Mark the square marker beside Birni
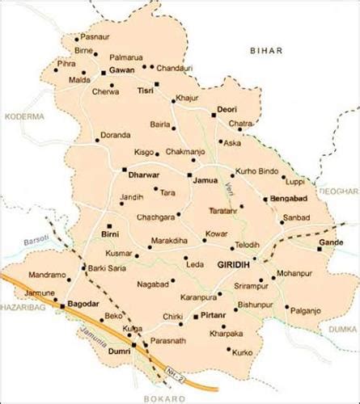(109, 225)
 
